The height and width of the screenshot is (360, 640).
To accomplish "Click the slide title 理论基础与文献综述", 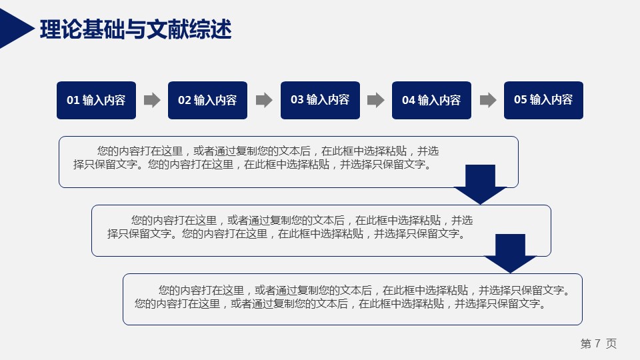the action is pyautogui.click(x=135, y=29).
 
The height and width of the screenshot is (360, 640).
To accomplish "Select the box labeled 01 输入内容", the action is pyautogui.click(x=96, y=101).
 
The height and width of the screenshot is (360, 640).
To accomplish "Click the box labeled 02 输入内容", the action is pyautogui.click(x=208, y=101).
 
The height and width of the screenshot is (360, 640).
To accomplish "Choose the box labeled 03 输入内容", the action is pyautogui.click(x=321, y=101).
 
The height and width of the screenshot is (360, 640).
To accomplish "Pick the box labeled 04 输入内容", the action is pyautogui.click(x=432, y=101).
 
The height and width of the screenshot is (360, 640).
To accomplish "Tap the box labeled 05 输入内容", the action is pyautogui.click(x=544, y=101).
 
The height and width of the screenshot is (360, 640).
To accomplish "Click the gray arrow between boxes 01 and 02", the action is pyautogui.click(x=152, y=100).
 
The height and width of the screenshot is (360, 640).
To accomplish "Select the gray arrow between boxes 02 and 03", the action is pyautogui.click(x=264, y=100).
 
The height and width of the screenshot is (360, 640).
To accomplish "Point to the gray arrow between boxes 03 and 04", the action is pyautogui.click(x=376, y=100).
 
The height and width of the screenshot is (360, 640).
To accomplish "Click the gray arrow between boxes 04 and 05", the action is pyautogui.click(x=488, y=100).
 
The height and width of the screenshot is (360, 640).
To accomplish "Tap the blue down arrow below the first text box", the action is pyautogui.click(x=481, y=184).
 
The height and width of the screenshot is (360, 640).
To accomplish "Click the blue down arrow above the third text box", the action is pyautogui.click(x=510, y=253).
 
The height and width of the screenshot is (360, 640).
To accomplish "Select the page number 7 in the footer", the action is pyautogui.click(x=598, y=343).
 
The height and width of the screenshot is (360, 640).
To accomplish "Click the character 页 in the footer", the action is pyautogui.click(x=611, y=343).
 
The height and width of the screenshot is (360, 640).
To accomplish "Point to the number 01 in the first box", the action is pyautogui.click(x=73, y=100).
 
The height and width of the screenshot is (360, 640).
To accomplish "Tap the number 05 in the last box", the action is pyautogui.click(x=521, y=99).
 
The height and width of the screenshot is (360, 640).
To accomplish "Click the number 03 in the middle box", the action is pyautogui.click(x=297, y=99).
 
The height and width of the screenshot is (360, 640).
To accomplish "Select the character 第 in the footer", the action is pyautogui.click(x=586, y=343).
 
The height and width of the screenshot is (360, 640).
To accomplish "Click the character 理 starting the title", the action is pyautogui.click(x=50, y=29).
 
